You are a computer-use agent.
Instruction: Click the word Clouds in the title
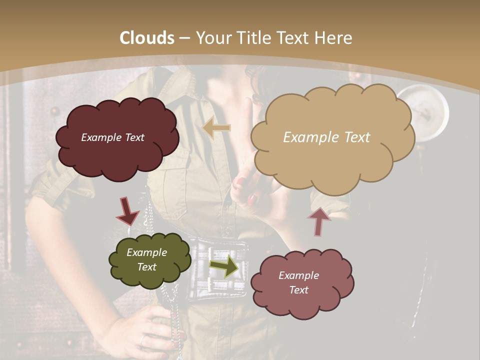tap(147, 38)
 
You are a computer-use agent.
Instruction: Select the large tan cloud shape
tap(332, 137)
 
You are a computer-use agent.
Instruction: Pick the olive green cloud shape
tap(149, 260)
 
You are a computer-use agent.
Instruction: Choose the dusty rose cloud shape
tap(302, 283)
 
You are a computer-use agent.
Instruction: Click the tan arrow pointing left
tap(216, 128)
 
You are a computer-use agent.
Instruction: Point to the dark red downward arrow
tap(127, 211)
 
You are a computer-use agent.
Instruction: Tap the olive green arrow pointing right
tap(224, 266)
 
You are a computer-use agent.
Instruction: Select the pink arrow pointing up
tap(318, 221)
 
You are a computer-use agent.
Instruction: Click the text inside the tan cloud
tap(326, 137)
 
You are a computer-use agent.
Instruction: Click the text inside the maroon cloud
tap(112, 137)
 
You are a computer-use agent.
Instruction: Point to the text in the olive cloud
tap(146, 260)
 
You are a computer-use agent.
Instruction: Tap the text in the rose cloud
tap(298, 282)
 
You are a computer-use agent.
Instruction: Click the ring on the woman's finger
tap(143, 340)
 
